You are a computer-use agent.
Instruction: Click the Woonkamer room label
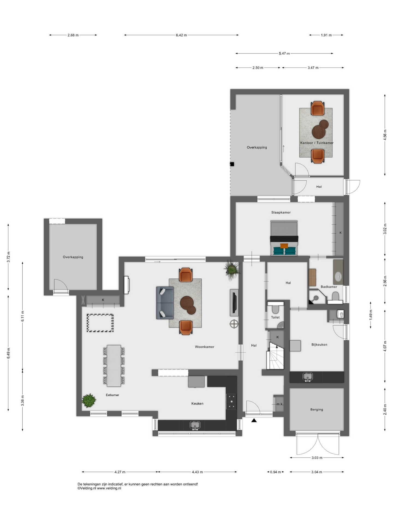204,347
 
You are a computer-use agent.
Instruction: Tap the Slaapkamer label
281,212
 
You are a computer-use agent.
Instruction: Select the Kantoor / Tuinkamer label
317,143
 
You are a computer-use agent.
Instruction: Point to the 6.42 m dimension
181,35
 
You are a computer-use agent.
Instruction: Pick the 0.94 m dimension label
275,472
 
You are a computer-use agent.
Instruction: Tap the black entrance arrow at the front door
254,420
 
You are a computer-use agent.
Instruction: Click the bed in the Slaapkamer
284,238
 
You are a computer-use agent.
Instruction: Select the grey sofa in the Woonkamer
165,303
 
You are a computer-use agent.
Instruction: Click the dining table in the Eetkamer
114,366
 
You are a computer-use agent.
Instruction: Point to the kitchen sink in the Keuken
195,425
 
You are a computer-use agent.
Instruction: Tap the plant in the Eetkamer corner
89,400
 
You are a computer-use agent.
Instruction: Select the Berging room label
317,409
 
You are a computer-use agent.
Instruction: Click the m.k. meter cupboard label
280,404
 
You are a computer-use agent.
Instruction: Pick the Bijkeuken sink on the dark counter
308,377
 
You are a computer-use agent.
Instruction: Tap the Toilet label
275,317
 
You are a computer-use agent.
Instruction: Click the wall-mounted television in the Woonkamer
234,302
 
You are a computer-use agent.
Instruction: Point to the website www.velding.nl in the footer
109,488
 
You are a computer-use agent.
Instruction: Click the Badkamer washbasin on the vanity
338,276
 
